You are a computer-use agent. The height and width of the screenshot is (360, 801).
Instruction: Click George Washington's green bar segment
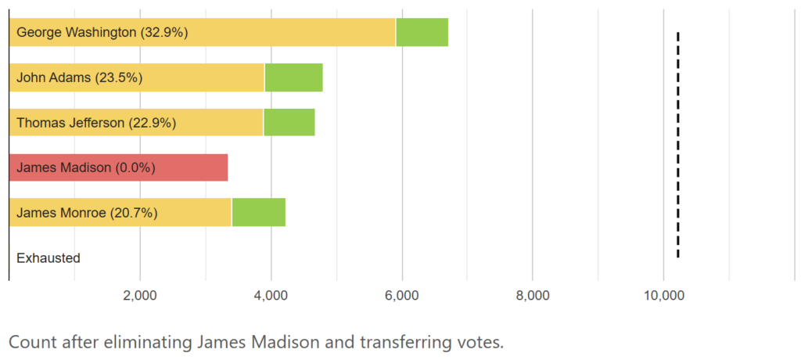click(x=422, y=32)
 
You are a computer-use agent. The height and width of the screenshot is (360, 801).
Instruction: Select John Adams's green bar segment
click(x=293, y=77)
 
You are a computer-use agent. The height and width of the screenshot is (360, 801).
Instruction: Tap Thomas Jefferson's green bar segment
click(x=289, y=123)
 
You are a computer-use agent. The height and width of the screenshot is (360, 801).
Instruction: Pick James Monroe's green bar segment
click(x=258, y=212)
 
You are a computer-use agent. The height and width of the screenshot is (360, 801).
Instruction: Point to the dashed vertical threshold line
click(x=677, y=145)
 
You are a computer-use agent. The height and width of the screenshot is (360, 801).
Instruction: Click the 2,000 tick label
click(x=140, y=296)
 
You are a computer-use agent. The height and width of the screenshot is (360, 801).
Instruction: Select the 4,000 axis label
click(x=271, y=296)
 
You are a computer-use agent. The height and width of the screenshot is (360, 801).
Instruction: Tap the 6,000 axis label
click(x=402, y=296)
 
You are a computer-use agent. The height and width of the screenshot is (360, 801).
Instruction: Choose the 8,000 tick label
click(x=532, y=296)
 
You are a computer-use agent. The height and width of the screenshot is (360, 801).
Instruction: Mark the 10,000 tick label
click(x=663, y=296)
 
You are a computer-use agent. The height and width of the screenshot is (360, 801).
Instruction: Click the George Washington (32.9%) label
click(x=102, y=33)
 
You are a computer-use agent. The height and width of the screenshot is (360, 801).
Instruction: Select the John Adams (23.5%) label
click(x=79, y=77)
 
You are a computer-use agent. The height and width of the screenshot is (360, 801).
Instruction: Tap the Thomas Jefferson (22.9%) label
click(x=96, y=123)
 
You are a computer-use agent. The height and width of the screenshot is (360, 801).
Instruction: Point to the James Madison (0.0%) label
click(x=86, y=167)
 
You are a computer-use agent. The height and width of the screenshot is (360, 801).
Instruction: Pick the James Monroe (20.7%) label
click(x=87, y=212)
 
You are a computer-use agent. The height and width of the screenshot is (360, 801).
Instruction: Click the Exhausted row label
click(x=48, y=257)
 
